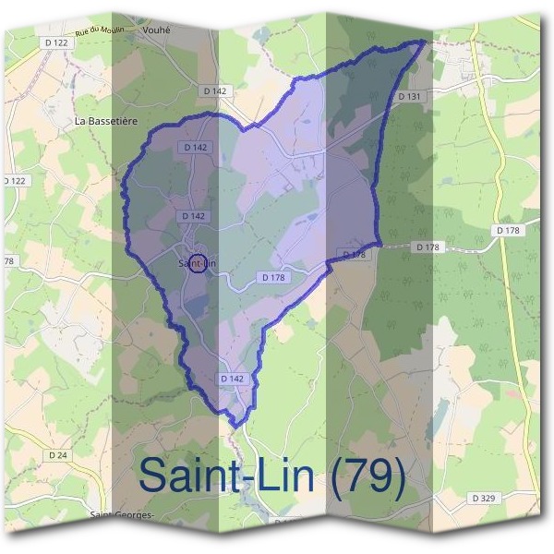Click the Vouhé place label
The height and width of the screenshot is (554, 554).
coord(158,30)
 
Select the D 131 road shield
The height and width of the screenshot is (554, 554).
coord(410,96)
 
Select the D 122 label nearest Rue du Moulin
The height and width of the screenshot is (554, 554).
coord(55,43)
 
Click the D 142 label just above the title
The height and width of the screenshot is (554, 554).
coord(233,379)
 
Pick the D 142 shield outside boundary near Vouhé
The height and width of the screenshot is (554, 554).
coord(213,90)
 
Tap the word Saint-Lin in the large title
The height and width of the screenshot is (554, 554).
coord(227,476)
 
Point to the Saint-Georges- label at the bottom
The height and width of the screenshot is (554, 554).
coord(122,514)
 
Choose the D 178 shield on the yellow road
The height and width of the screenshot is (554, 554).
coord(509,230)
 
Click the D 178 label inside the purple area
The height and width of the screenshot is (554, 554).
coord(272,277)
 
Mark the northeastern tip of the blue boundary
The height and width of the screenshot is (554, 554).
coord(426,41)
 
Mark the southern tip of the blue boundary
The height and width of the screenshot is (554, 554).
coord(239,426)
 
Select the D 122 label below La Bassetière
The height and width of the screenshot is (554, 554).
coord(15,181)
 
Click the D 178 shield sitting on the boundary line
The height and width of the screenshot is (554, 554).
coord(355,254)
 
